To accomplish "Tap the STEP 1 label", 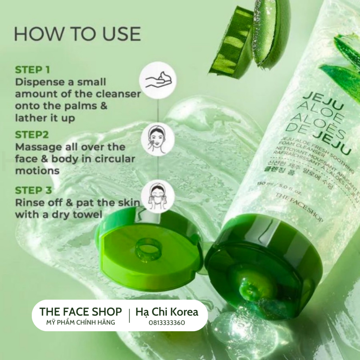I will coord(32,70).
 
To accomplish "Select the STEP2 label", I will coord(32,135).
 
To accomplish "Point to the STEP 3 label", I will coord(33,191).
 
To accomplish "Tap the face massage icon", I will coord(157,139).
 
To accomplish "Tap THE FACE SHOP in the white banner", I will coord(81,311).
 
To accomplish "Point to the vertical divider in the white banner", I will coord(130,316).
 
